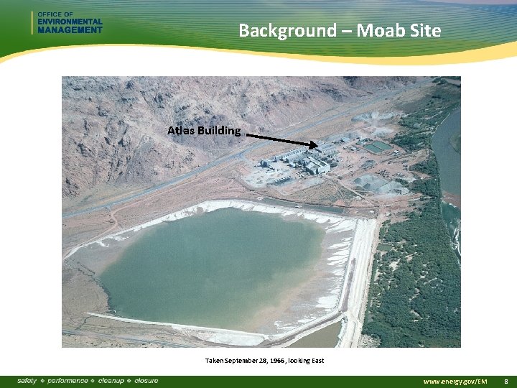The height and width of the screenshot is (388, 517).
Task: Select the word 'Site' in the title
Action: coord(426,30)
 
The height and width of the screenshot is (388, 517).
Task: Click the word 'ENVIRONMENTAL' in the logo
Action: coord(70,22)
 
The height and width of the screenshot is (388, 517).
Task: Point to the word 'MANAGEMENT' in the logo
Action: coord(70,30)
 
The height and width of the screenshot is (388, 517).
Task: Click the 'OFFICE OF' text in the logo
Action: coord(55,14)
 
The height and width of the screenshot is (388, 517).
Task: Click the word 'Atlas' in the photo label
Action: coord(181,131)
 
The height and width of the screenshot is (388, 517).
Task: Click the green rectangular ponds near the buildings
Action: coord(378,147)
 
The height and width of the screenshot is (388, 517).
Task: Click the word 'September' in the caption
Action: coord(241,360)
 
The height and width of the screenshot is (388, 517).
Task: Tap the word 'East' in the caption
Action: coord(317,360)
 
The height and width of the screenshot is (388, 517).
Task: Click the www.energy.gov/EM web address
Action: coord(455,381)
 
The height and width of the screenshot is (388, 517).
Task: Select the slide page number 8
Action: coord(506,381)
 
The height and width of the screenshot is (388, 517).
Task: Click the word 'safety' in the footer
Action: coord(27,380)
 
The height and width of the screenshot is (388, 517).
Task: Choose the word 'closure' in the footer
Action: coord(146,380)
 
